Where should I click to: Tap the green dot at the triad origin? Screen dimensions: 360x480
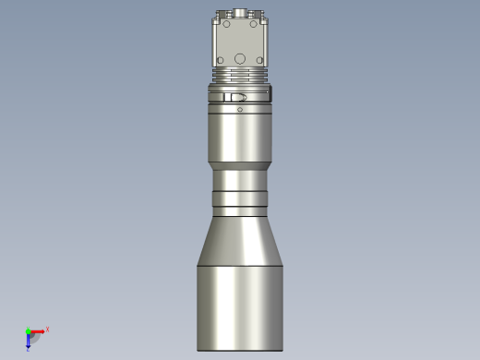(28, 331)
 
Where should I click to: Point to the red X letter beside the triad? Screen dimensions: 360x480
(47, 329)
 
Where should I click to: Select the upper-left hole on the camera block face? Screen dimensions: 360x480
(224, 27)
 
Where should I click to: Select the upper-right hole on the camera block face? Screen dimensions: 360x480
(256, 27)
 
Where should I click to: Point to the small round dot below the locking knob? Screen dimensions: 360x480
(240, 110)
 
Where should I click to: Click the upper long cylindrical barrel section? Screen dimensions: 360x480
(240, 138)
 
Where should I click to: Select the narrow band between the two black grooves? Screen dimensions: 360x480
(240, 198)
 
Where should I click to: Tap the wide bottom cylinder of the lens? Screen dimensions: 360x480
(240, 305)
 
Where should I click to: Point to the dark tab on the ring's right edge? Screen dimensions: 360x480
(271, 94)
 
